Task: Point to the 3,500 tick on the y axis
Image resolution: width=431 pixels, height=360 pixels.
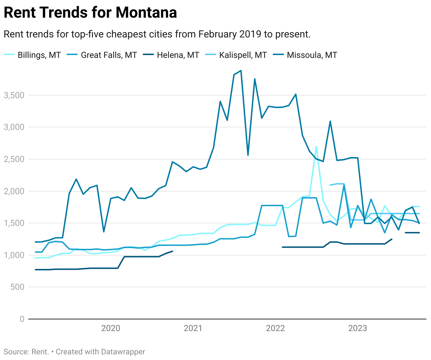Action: [x=14, y=95]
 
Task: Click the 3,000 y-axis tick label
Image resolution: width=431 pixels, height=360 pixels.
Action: [x=14, y=127]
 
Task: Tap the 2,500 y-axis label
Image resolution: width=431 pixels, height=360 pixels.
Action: [x=14, y=159]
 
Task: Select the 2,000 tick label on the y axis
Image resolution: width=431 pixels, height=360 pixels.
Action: [x=14, y=191]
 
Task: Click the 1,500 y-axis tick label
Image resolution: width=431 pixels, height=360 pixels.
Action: [x=14, y=223]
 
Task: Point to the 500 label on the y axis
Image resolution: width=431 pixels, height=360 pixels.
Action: [x=17, y=287]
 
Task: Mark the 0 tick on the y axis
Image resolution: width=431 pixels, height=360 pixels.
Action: [x=22, y=319]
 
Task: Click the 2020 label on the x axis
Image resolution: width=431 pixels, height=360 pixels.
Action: [x=111, y=328]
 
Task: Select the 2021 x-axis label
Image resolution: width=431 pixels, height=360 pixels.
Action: [x=193, y=328]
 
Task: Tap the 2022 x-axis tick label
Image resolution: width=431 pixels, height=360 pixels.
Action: [x=275, y=328]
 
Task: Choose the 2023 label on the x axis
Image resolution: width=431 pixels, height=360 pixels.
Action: [x=358, y=328]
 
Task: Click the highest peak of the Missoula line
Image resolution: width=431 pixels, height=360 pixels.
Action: [x=241, y=71]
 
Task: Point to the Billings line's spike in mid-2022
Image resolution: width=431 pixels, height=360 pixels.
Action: [x=316, y=146]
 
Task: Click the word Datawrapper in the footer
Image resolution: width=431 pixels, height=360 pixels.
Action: [x=123, y=352]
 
